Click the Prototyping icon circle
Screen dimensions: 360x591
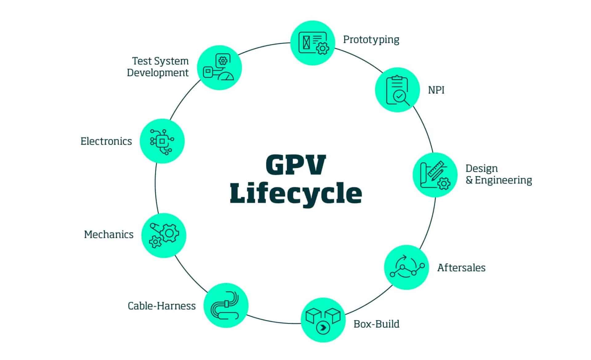(313, 43)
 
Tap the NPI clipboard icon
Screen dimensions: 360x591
(397, 90)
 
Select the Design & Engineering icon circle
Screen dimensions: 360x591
(435, 174)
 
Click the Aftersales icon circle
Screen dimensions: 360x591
(406, 267)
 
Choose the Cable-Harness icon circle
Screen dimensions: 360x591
(226, 305)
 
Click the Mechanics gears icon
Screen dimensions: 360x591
(164, 235)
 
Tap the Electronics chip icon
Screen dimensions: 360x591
(162, 141)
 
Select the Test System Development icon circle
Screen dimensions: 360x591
(219, 68)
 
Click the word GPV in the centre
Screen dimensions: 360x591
(295, 165)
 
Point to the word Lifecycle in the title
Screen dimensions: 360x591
(295, 193)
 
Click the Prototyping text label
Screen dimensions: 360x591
(371, 40)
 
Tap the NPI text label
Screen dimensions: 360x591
(436, 90)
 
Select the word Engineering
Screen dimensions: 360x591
(503, 180)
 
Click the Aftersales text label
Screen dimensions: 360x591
(461, 268)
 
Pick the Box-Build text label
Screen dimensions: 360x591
(376, 324)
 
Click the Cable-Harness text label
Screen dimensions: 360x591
(162, 306)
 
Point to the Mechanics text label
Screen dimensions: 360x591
(109, 234)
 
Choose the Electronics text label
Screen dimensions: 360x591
(106, 141)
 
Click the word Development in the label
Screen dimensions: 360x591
(158, 73)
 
